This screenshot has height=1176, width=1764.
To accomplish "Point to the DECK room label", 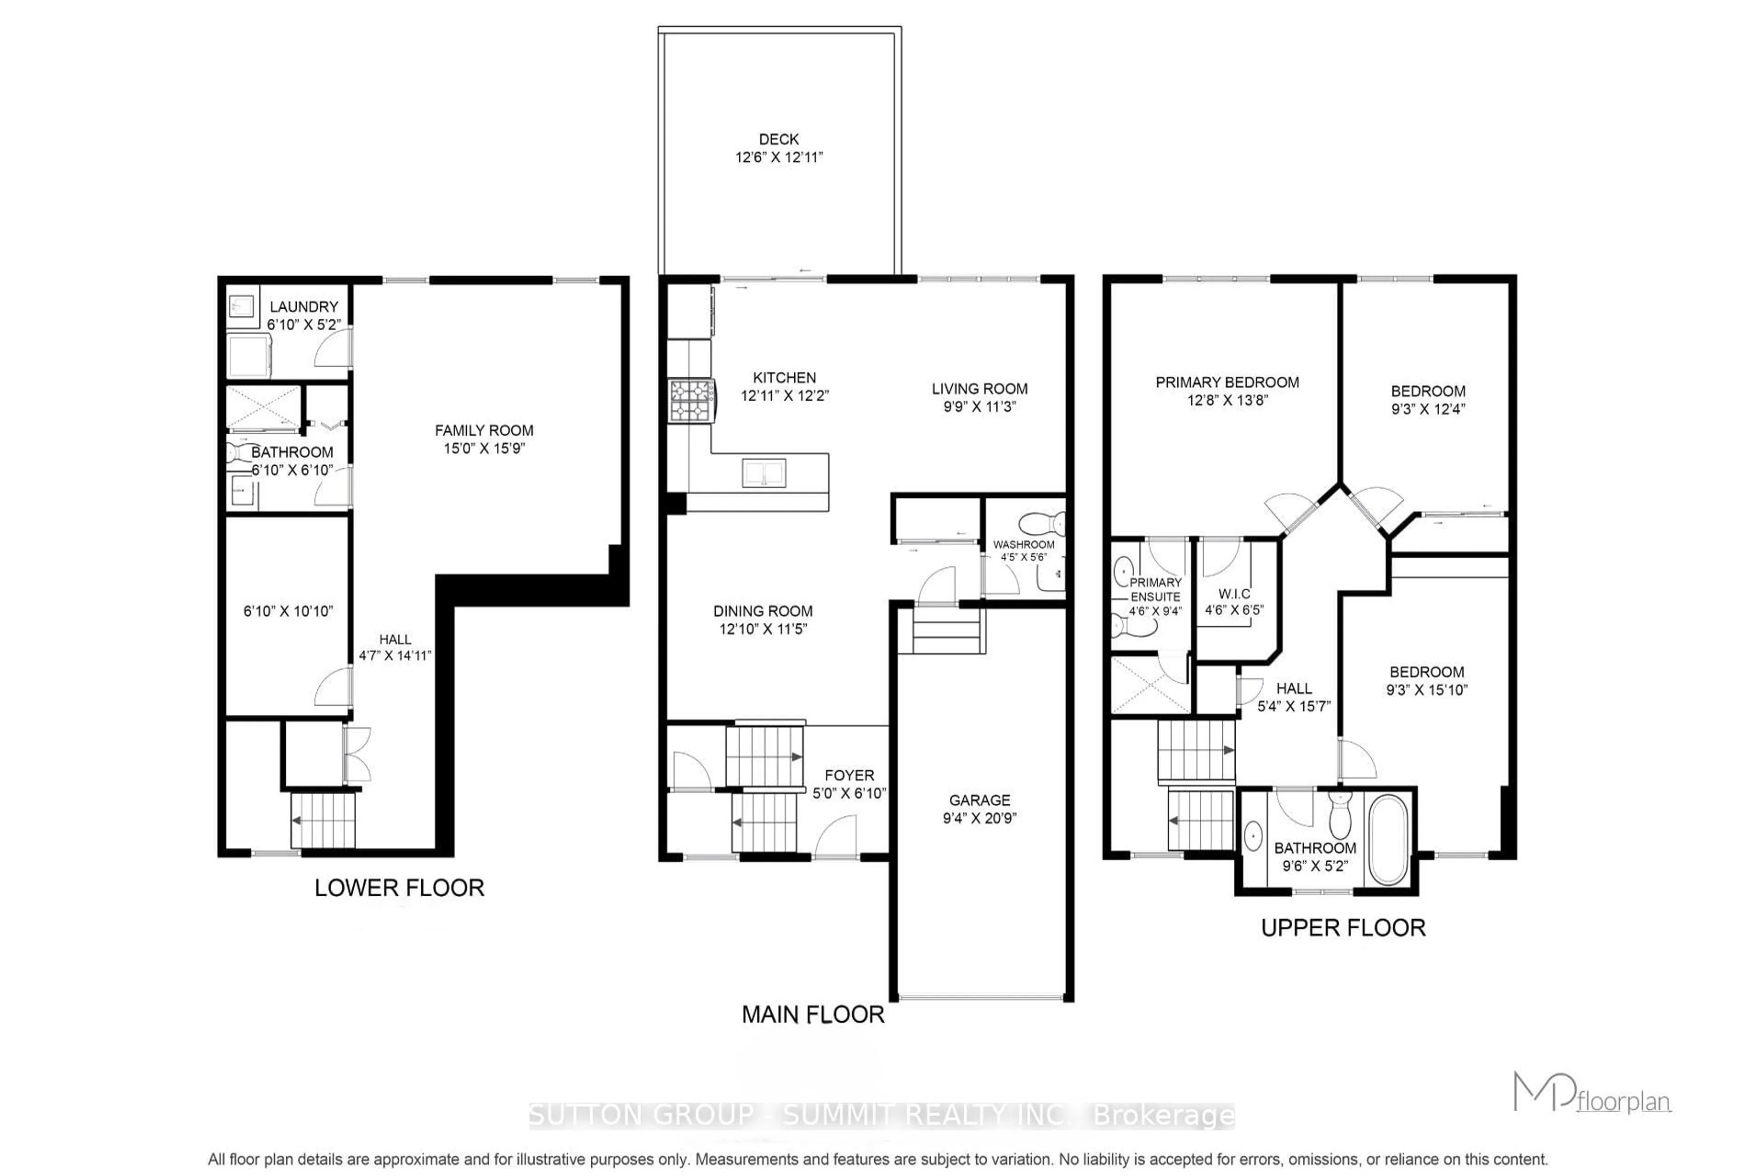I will [x=779, y=140].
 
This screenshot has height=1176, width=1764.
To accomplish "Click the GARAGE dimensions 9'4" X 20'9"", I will [x=979, y=818].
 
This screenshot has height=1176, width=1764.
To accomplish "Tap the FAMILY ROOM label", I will [x=484, y=430].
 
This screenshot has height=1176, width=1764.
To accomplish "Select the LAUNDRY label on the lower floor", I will [x=304, y=307].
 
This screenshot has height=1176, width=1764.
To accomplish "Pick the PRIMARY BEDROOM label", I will [x=1227, y=383].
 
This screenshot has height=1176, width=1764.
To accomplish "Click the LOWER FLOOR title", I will [x=399, y=888].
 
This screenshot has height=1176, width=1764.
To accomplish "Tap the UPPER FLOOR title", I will [x=1342, y=928].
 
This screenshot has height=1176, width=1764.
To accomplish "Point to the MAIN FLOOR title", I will [x=813, y=1015].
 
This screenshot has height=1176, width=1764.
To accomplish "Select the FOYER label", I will [x=849, y=775].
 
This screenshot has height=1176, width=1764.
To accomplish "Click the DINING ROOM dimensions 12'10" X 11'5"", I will [x=763, y=629].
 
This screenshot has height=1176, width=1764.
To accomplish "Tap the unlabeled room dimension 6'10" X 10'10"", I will [x=288, y=611].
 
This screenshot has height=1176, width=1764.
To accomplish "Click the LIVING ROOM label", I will [x=979, y=389].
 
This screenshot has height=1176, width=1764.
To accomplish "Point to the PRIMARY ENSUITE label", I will [x=1155, y=589].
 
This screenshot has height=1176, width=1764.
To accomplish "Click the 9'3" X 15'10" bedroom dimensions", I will [x=1426, y=690].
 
